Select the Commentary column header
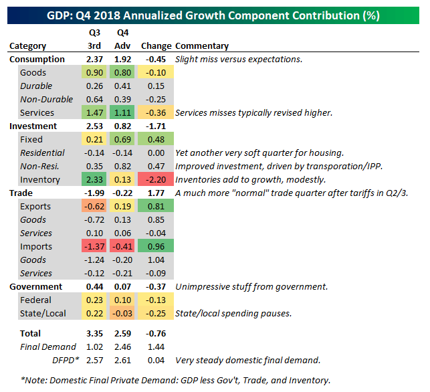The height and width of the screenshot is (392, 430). click(x=202, y=46)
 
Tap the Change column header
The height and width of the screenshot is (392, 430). click(x=155, y=46)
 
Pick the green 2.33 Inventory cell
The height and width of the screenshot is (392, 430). click(x=94, y=180)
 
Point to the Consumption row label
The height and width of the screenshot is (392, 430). click(x=37, y=60)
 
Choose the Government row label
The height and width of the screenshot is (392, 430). click(x=37, y=287)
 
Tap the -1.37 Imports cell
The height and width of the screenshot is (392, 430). click(x=94, y=247)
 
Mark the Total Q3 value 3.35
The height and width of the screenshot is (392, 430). click(x=94, y=334)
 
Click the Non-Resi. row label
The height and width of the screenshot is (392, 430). click(x=39, y=167)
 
